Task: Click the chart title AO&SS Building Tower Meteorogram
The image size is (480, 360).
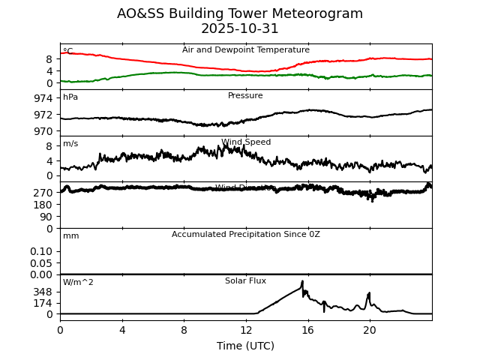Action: tap(240, 14)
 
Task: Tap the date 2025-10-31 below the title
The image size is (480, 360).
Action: tap(240, 29)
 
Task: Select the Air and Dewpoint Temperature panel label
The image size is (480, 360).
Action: tap(246, 50)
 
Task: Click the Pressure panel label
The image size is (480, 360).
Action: tap(246, 96)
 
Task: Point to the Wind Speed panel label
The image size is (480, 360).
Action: tap(246, 142)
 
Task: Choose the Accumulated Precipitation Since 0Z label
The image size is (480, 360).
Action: tap(246, 235)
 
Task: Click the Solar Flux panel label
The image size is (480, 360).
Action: tap(246, 281)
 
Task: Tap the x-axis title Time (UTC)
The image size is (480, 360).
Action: tap(246, 346)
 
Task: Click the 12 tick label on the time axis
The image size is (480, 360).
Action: tap(246, 329)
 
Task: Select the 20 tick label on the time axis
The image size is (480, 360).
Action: tap(370, 329)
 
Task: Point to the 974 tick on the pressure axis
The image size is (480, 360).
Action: tap(43, 98)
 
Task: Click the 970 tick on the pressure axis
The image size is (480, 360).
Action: tap(43, 130)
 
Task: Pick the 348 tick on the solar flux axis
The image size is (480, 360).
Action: tap(43, 292)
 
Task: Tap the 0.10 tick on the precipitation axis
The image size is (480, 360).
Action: tap(41, 251)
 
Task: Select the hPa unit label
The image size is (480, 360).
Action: tap(70, 97)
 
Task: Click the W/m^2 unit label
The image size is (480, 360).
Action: tap(78, 283)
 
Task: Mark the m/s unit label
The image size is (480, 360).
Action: tap(70, 144)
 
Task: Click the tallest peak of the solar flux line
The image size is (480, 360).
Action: tap(302, 282)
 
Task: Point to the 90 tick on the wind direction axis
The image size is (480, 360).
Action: tap(46, 217)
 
